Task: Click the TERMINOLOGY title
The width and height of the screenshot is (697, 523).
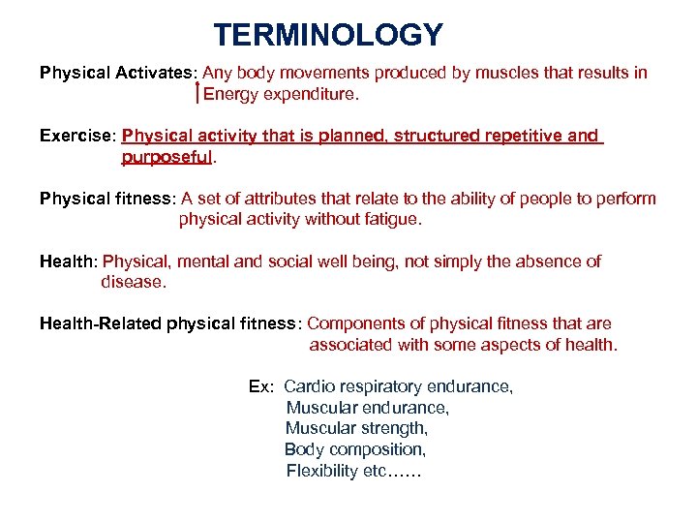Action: [x=328, y=36]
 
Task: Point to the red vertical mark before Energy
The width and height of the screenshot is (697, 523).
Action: [x=197, y=93]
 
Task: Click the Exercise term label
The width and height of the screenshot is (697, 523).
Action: [x=76, y=136]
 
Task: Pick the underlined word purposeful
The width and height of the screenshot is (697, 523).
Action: [x=167, y=157]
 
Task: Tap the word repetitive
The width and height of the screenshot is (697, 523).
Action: [x=520, y=136]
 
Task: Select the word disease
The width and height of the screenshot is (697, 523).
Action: [x=134, y=283]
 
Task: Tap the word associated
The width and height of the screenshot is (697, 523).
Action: [x=353, y=345]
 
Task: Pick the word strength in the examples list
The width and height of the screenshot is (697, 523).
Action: [x=397, y=428]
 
